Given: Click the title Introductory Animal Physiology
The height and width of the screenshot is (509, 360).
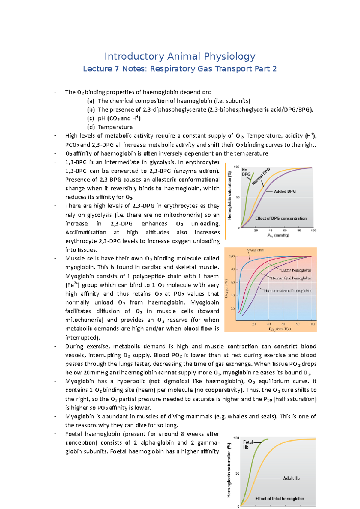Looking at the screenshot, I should pyautogui.click(x=180, y=56).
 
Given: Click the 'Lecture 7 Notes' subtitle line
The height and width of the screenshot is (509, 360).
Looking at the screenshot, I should pyautogui.click(x=180, y=69).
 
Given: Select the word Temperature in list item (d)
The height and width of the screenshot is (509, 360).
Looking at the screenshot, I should pyautogui.click(x=115, y=127).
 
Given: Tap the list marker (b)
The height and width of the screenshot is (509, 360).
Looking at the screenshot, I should pyautogui.click(x=91, y=110).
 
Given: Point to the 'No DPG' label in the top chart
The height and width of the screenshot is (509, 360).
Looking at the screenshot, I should pyautogui.click(x=246, y=172).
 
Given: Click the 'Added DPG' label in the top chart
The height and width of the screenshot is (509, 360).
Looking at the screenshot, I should pyautogui.click(x=285, y=192).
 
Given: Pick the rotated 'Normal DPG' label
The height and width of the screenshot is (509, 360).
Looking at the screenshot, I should pyautogui.click(x=261, y=177).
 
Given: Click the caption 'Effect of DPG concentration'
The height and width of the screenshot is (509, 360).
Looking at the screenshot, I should pyautogui.click(x=281, y=219).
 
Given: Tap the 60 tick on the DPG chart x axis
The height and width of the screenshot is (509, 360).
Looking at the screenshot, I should pyautogui.click(x=285, y=231).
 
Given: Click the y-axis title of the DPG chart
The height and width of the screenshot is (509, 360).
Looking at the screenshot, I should pyautogui.click(x=230, y=195).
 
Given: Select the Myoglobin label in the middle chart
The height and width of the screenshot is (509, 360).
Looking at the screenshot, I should pyautogui.click(x=256, y=250).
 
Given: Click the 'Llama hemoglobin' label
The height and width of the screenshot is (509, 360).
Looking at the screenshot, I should pyautogui.click(x=296, y=270).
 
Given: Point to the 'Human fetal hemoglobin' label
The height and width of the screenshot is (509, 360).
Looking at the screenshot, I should pyautogui.click(x=291, y=278).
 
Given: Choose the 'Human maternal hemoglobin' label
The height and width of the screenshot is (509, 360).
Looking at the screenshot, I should pyautogui.click(x=288, y=291).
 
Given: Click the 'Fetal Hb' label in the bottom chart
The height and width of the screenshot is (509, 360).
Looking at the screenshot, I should pyautogui.click(x=248, y=445).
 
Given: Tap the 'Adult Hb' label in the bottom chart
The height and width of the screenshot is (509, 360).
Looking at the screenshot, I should pyautogui.click(x=291, y=478).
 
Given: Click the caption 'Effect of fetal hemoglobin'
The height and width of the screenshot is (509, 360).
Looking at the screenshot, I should pyautogui.click(x=280, y=499).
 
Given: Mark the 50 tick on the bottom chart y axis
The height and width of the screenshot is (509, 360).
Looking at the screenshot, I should pyautogui.click(x=237, y=474).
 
